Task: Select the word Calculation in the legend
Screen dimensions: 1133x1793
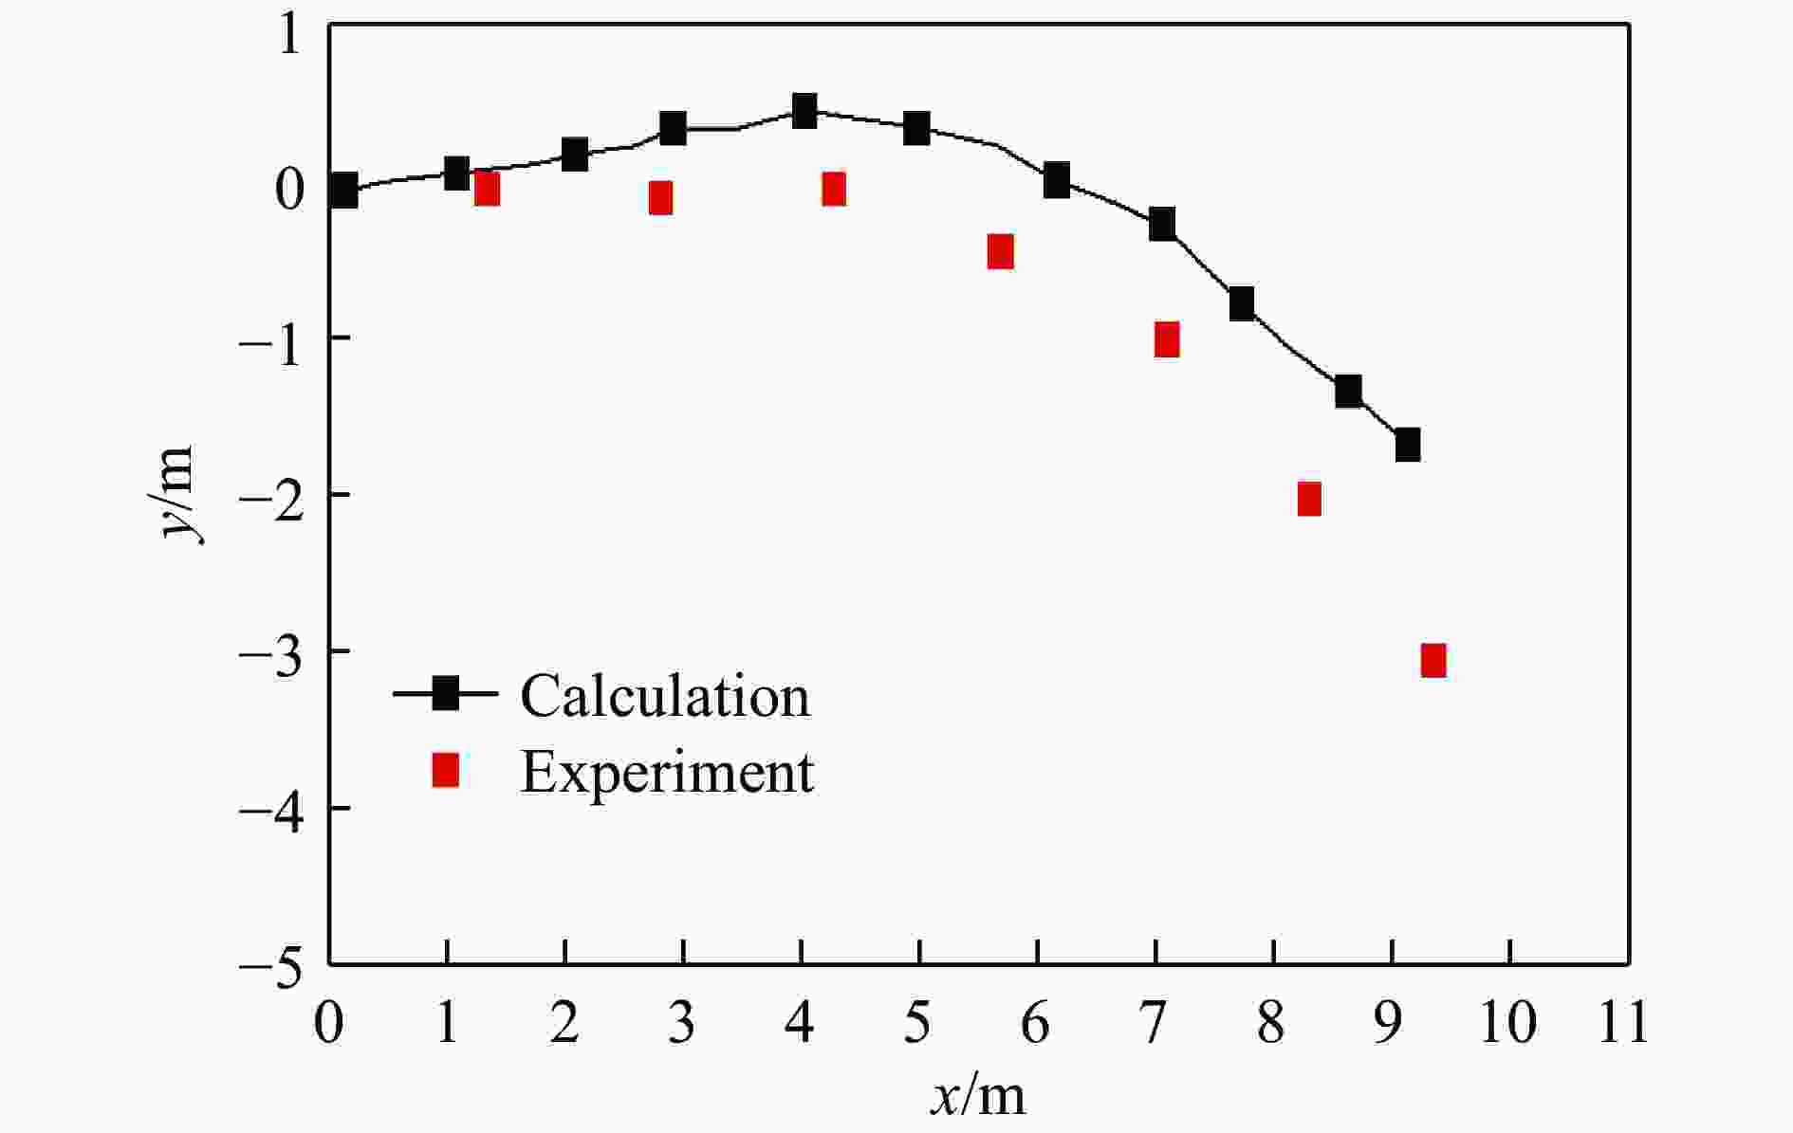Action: pyautogui.click(x=665, y=696)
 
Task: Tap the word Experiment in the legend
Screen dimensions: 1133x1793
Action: pyautogui.click(x=667, y=772)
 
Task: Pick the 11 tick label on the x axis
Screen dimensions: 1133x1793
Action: pyautogui.click(x=1624, y=1024)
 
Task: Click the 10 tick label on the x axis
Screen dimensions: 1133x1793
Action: pyautogui.click(x=1506, y=1024)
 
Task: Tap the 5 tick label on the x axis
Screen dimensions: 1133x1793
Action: pyautogui.click(x=917, y=1024)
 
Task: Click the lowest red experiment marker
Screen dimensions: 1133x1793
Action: pyautogui.click(x=1433, y=660)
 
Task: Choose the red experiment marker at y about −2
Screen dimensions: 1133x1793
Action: pyautogui.click(x=1309, y=498)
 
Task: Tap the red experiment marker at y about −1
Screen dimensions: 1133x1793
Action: pyautogui.click(x=1167, y=339)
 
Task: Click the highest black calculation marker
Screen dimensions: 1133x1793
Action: pyautogui.click(x=804, y=110)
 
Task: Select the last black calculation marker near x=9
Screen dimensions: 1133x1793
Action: pyautogui.click(x=1408, y=444)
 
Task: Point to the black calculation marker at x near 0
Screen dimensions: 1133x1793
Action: pyautogui.click(x=343, y=190)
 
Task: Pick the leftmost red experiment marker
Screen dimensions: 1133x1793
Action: pyautogui.click(x=487, y=189)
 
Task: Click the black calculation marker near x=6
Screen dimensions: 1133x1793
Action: pyautogui.click(x=1057, y=179)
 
